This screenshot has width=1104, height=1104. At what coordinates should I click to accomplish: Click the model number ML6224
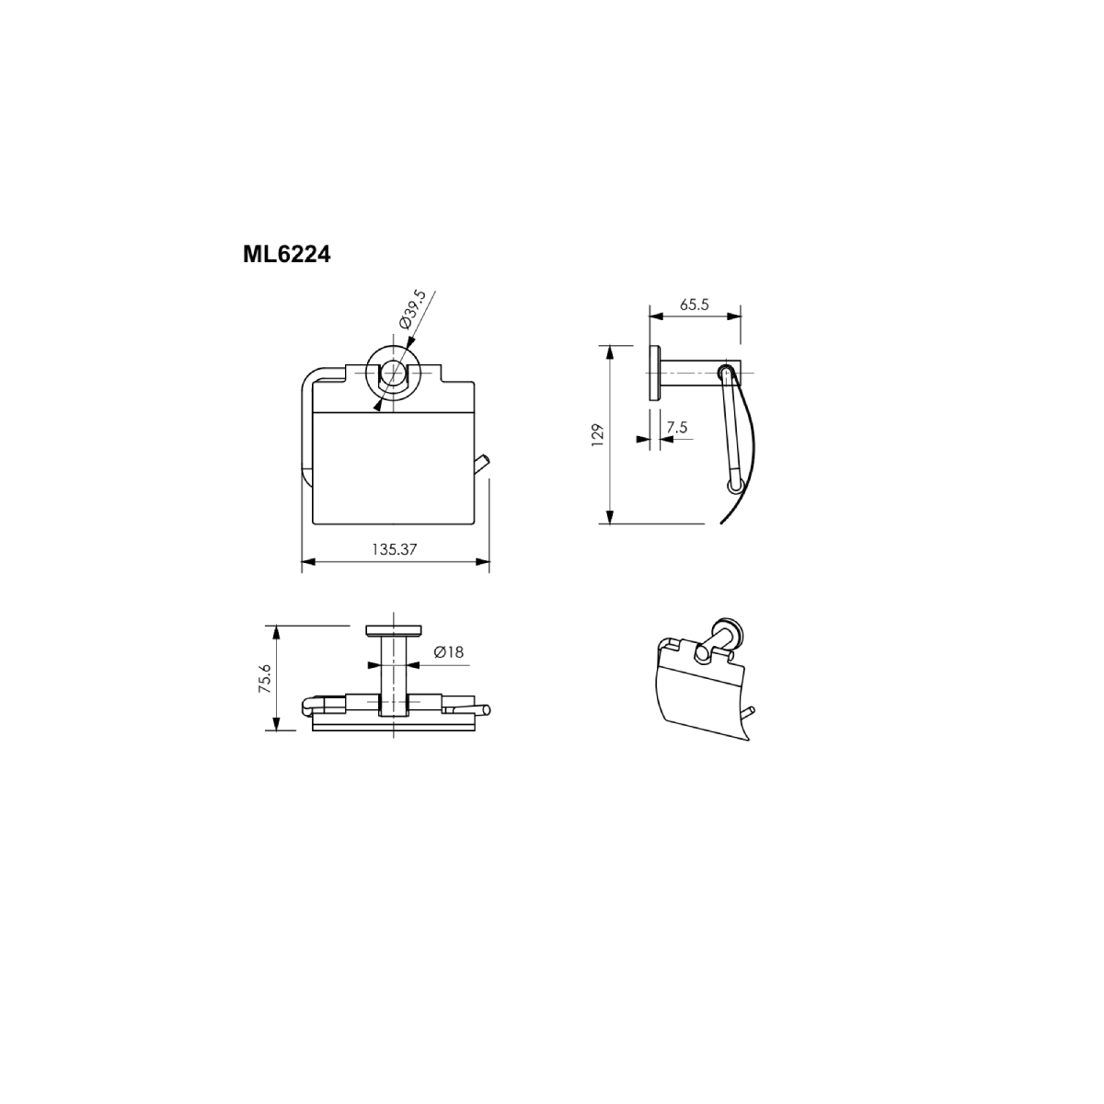tap(286, 254)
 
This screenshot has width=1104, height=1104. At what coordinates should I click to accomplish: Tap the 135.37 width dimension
tap(394, 549)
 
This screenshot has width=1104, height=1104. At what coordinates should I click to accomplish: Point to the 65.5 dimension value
tap(695, 305)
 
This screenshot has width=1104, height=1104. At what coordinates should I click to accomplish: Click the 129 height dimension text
tap(598, 435)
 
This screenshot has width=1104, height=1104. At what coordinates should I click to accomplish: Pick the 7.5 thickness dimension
tap(676, 428)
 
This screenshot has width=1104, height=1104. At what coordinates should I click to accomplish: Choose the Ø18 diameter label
tap(449, 652)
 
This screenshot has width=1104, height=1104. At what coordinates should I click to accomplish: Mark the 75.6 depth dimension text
tap(265, 680)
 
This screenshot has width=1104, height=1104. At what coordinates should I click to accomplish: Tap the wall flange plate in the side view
tap(654, 373)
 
